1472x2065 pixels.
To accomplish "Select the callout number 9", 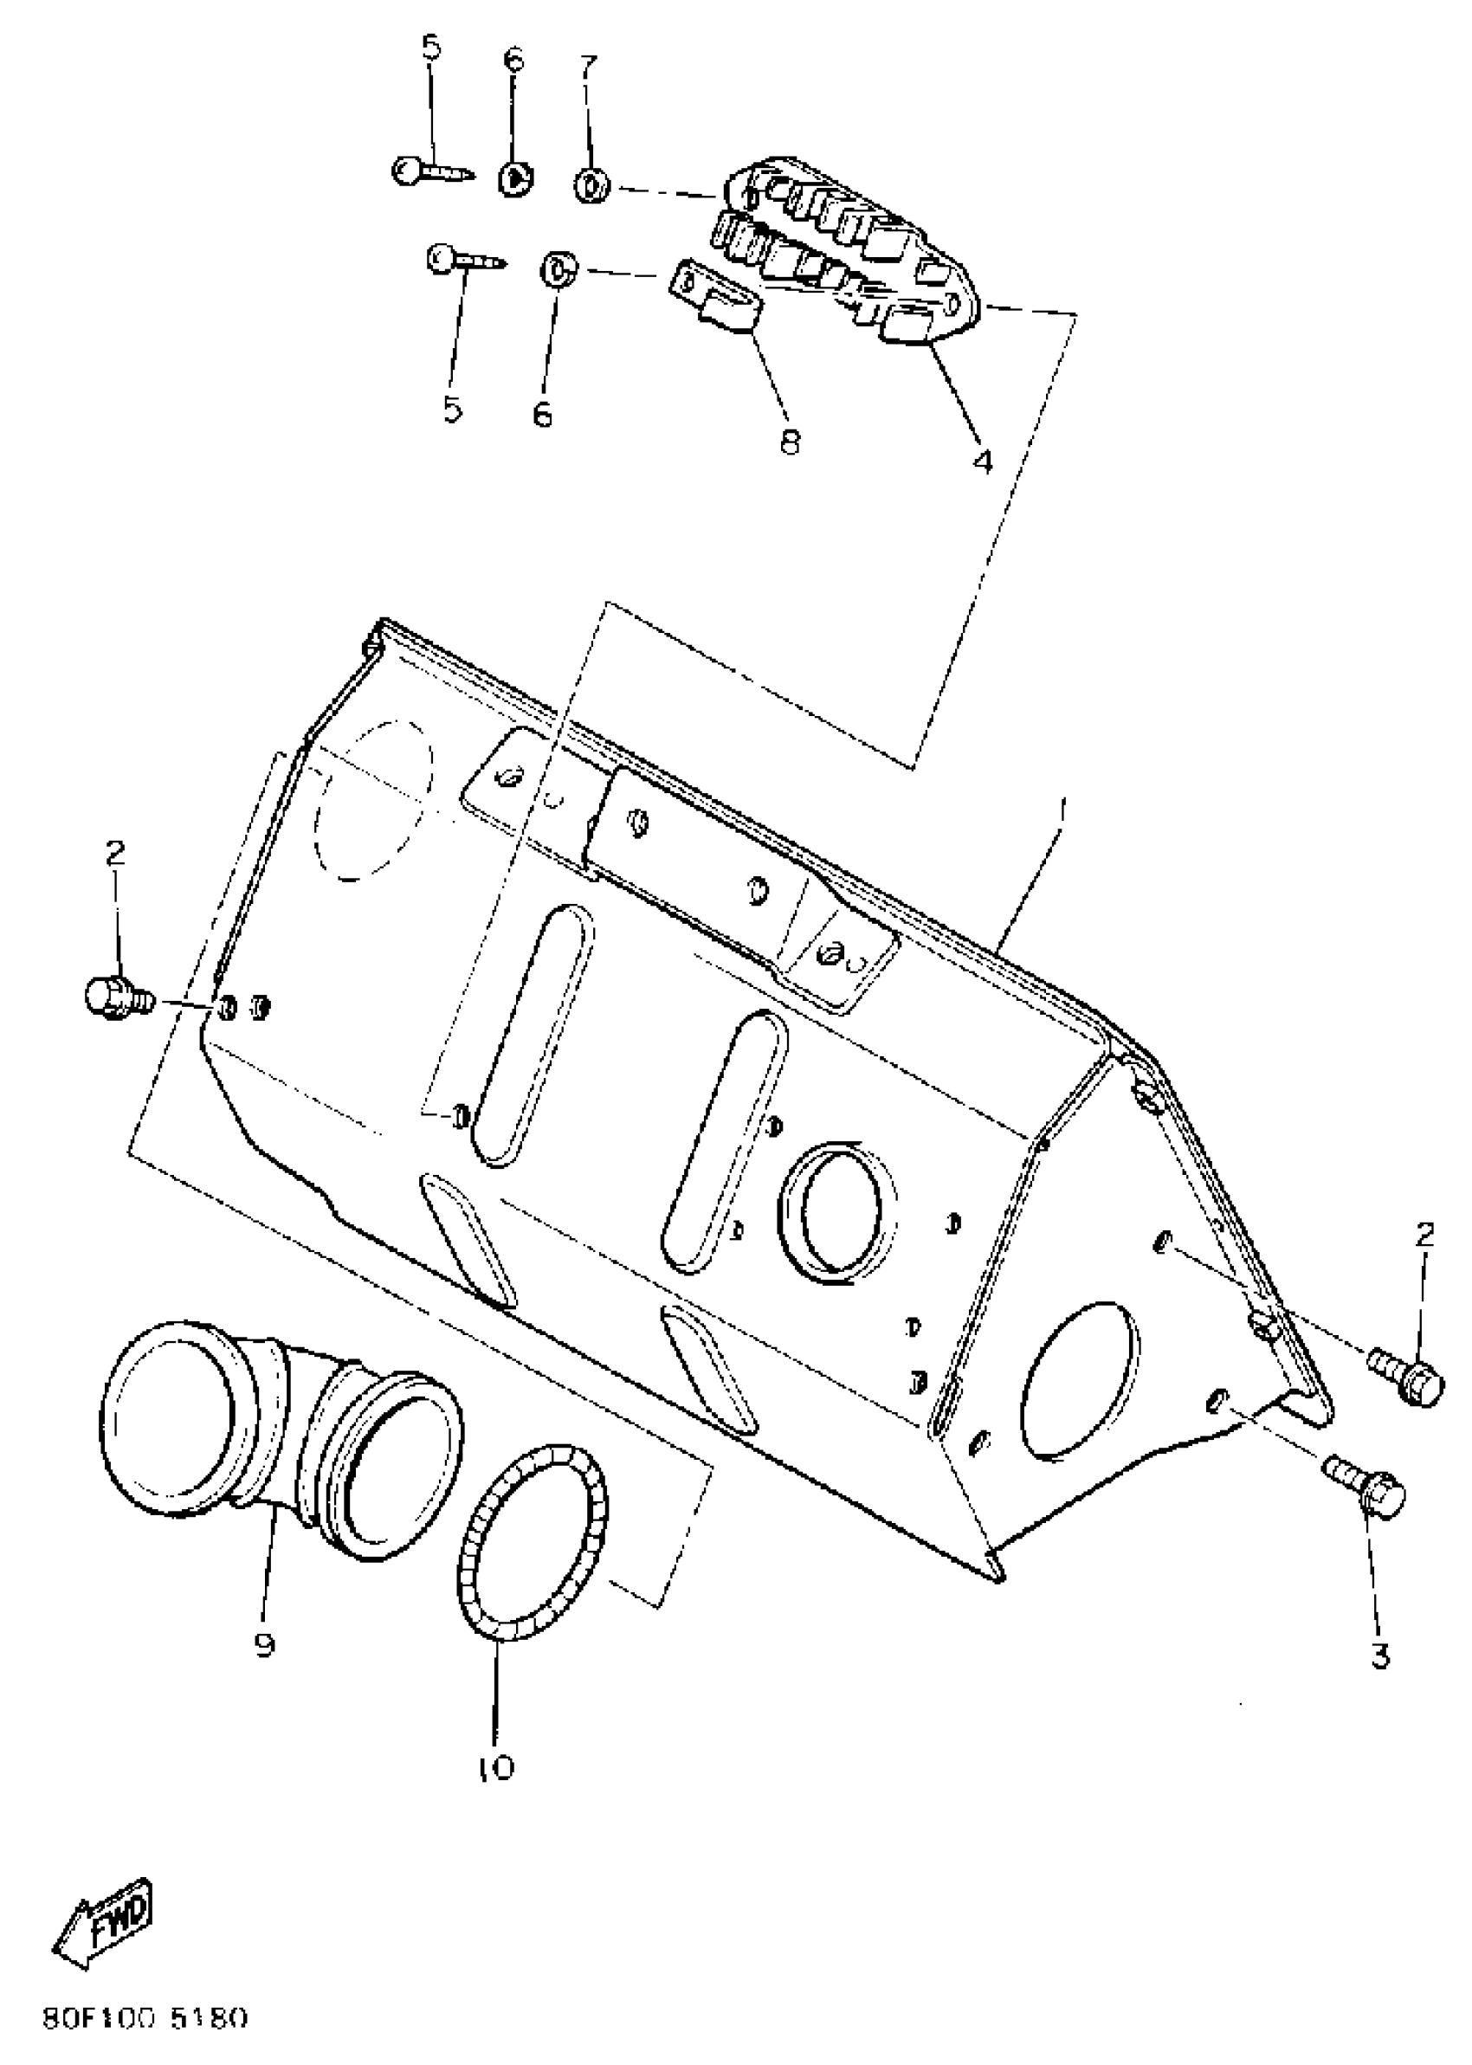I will click(x=264, y=1643).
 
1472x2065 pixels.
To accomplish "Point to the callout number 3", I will click(x=1378, y=1655).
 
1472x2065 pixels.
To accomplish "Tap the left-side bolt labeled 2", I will click(x=115, y=997).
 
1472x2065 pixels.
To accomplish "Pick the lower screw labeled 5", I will click(x=463, y=260).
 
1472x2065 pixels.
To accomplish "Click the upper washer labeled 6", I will click(x=515, y=177).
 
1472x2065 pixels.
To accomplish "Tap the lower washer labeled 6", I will click(x=556, y=269).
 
